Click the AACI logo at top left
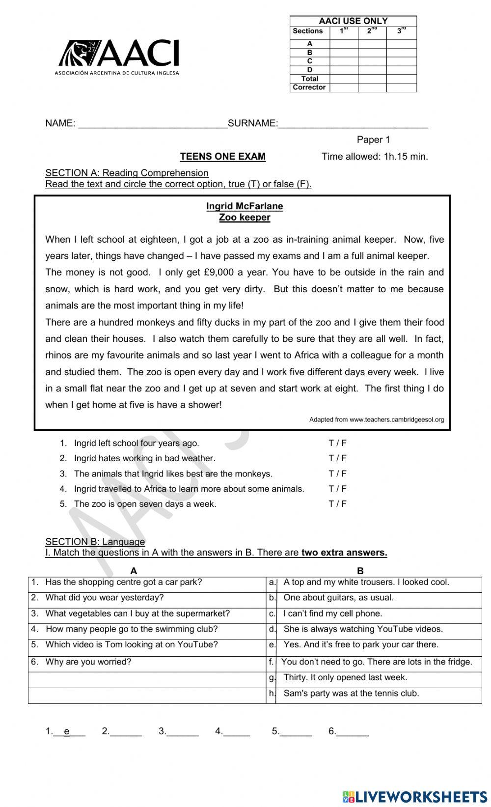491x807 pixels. tap(118, 57)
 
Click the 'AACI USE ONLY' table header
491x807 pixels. tap(353, 21)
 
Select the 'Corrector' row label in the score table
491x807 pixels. tap(309, 87)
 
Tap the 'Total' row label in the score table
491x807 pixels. tap(310, 79)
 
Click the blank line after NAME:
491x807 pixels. tap(153, 124)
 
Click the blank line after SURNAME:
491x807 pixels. tap(353, 124)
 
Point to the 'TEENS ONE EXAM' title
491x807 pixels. tap(222, 157)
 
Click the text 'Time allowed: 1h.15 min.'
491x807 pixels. tap(375, 157)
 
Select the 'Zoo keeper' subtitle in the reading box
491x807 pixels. tap(245, 218)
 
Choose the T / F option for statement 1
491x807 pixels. tap(337, 443)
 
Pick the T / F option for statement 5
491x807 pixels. tap(337, 504)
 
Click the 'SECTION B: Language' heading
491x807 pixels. tap(95, 542)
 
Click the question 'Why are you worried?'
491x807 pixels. tap(88, 662)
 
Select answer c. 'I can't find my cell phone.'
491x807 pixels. tap(332, 613)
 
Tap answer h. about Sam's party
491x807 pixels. tap(351, 694)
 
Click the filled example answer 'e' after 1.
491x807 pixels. tap(67, 731)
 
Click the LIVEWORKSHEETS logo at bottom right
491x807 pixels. tap(415, 797)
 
